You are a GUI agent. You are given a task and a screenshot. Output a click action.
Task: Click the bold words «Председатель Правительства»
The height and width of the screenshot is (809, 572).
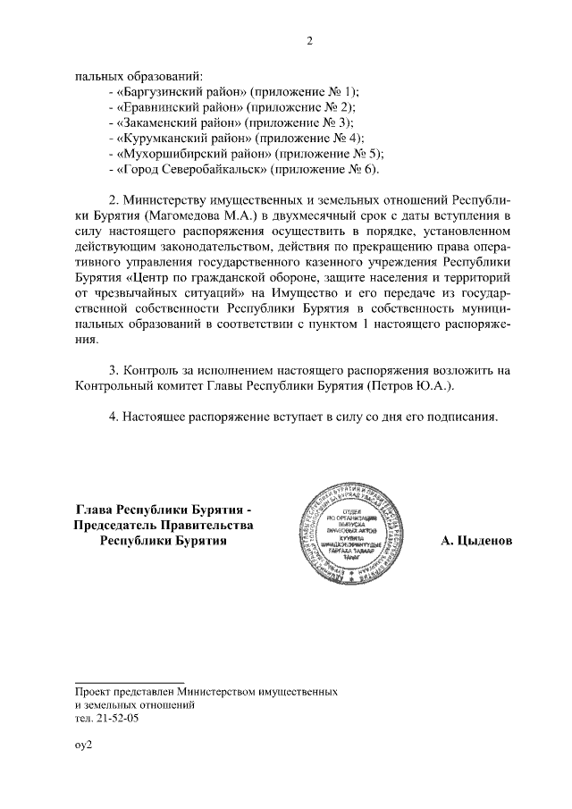coord(164,525)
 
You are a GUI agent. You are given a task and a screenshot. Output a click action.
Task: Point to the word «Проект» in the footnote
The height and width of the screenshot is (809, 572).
coord(95,692)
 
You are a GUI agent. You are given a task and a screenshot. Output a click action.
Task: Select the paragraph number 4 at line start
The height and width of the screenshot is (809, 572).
coord(112,417)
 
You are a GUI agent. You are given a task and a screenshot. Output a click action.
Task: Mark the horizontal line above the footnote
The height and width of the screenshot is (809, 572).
coord(130,682)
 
